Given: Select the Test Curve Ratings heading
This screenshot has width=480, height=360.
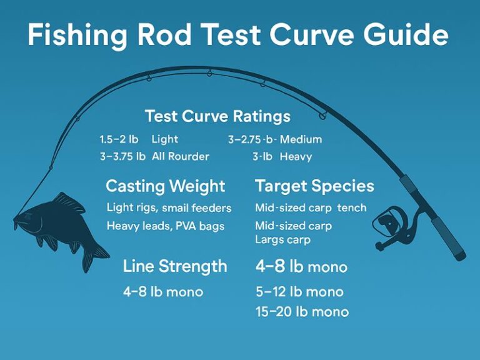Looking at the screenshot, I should click(x=217, y=116).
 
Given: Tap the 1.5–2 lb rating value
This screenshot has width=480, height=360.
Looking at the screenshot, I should click(x=119, y=139).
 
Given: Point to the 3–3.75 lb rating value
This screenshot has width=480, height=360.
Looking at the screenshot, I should click(x=122, y=156).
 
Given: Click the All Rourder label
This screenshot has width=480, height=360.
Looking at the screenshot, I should click(x=181, y=156).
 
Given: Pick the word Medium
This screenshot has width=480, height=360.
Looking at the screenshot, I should click(x=301, y=139).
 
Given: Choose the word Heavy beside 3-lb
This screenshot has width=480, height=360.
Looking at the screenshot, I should click(x=296, y=156).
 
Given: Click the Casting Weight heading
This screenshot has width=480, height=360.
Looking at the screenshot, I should click(x=165, y=186).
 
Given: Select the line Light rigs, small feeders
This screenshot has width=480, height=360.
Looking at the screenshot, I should click(x=169, y=207).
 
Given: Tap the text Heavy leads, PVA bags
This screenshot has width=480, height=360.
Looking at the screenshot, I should click(x=166, y=225).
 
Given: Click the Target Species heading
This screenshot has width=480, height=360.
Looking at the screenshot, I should click(x=314, y=186).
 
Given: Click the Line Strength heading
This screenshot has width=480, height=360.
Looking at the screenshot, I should click(x=175, y=266).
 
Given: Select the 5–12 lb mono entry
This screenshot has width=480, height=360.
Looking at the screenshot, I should click(x=299, y=292).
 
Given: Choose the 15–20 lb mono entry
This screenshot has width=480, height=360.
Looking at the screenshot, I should click(x=302, y=311).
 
